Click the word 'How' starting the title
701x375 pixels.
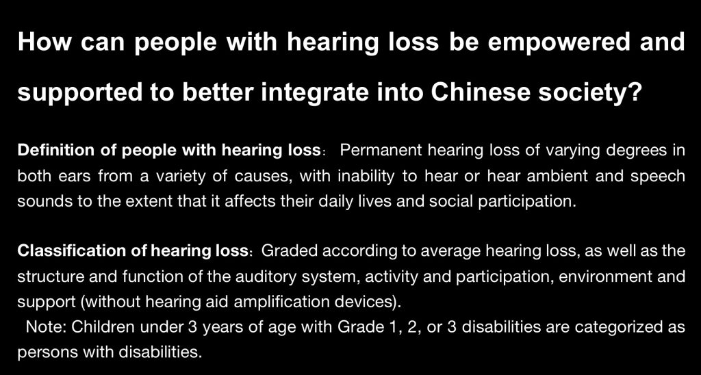click(x=38, y=43)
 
